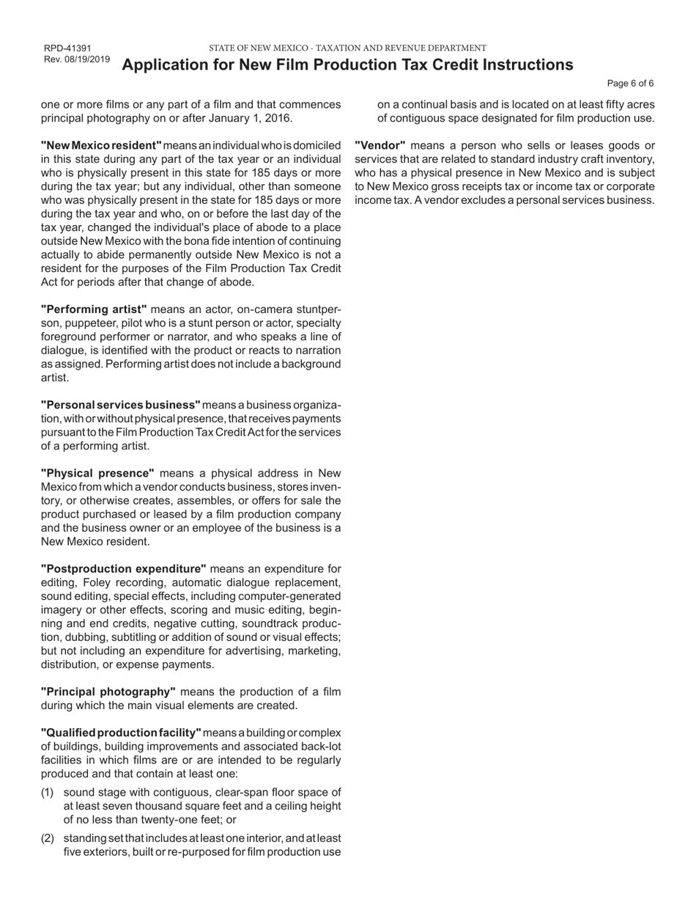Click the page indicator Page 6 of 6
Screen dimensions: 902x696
pyautogui.click(x=631, y=83)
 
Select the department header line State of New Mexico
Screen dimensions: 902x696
pyautogui.click(x=347, y=48)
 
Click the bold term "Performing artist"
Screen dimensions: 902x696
pyautogui.click(x=94, y=309)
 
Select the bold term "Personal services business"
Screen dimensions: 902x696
pyautogui.click(x=120, y=405)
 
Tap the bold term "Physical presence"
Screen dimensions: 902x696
pyautogui.click(x=97, y=473)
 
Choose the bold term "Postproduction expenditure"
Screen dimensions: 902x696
pyautogui.click(x=123, y=569)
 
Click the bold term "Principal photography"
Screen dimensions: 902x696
pyautogui.click(x=108, y=692)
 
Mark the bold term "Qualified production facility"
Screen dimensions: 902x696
pyautogui.click(x=121, y=733)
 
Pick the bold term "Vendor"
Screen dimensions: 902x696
pyautogui.click(x=380, y=145)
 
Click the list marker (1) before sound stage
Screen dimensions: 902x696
pyautogui.click(x=47, y=793)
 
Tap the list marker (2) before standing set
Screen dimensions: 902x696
pyautogui.click(x=47, y=838)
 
